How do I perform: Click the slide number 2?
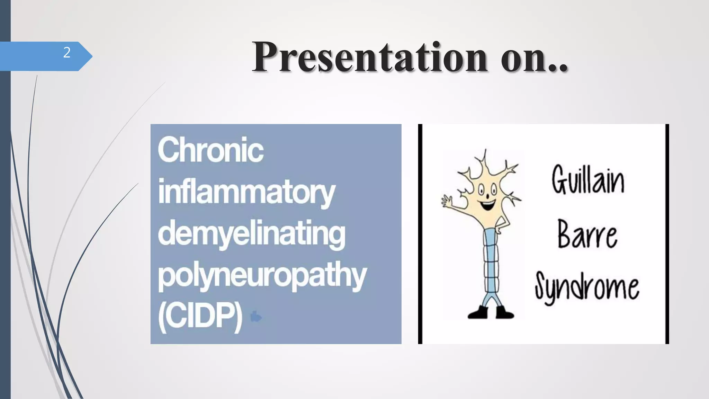point(67,53)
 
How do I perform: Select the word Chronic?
point(210,150)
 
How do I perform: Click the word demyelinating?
point(252,233)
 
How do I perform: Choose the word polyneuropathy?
point(262,276)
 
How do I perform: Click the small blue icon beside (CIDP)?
point(256,317)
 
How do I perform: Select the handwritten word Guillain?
point(588,180)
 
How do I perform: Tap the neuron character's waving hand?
point(447,201)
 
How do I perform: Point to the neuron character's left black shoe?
point(478,312)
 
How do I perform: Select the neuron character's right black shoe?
point(504,312)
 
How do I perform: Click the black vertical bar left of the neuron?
point(420,234)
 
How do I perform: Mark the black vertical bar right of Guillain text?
point(667,234)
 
